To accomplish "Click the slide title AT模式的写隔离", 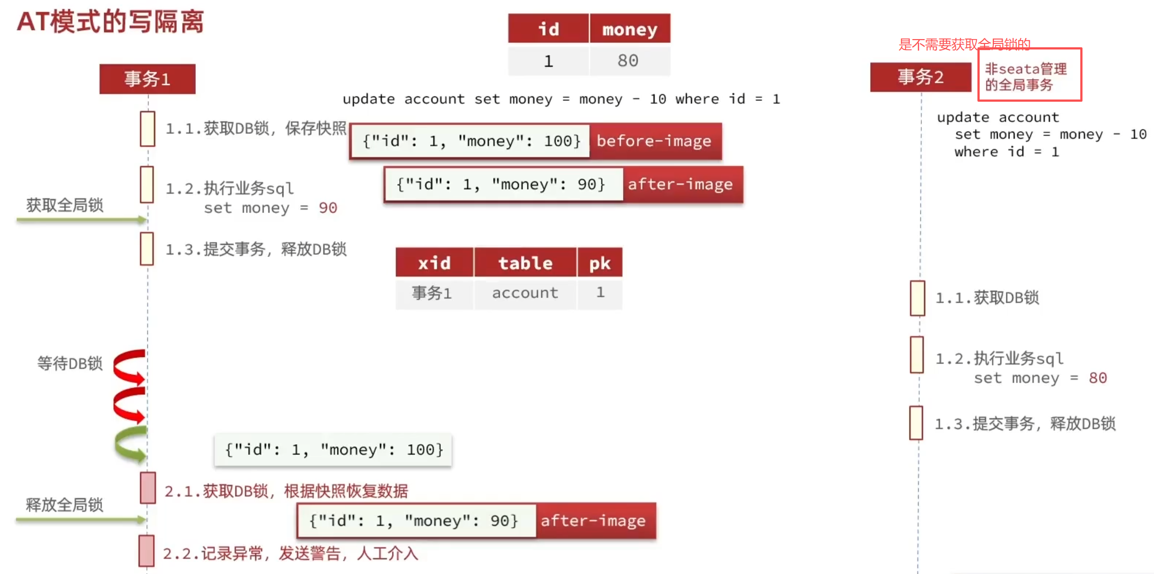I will point(111,22).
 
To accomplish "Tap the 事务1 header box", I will point(147,79).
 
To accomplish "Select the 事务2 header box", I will point(920,77).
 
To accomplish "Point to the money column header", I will point(630,29).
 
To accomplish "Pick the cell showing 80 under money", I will point(628,60).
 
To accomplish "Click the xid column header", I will point(434,263).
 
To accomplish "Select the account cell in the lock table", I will point(525,293).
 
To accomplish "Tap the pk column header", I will point(600,263).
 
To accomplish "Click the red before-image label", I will point(655,141).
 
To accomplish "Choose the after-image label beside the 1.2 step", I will point(681,185).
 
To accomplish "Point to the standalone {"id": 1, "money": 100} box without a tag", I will point(333,450).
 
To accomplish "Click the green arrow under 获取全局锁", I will point(81,220).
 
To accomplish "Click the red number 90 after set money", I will point(328,208).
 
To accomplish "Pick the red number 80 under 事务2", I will point(1097,378).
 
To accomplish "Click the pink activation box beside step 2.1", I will point(148,488).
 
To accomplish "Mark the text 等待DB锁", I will point(70,363).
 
